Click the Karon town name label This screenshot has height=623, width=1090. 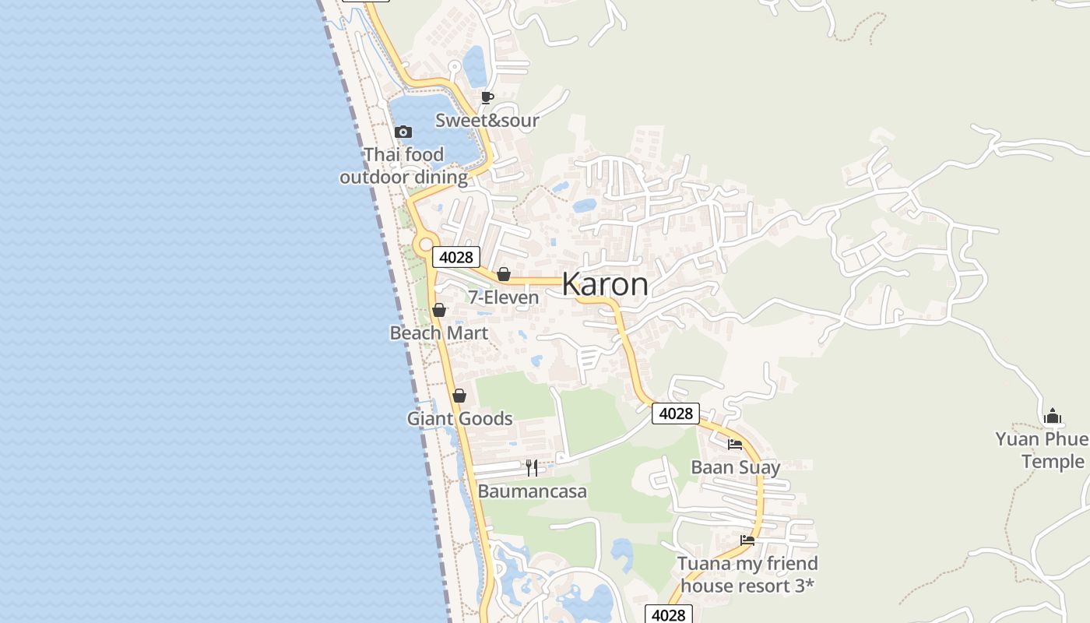click(605, 284)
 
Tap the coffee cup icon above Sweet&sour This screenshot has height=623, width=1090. click(487, 97)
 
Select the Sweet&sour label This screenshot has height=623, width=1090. click(487, 120)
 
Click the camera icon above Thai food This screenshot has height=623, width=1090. click(403, 132)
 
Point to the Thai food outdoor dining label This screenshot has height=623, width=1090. click(403, 166)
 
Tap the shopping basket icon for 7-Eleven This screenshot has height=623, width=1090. click(504, 274)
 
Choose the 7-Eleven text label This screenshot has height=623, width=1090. click(503, 297)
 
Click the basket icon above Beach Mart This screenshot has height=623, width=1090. click(439, 310)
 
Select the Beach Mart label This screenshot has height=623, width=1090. click(439, 333)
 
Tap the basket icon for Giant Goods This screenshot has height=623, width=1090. click(459, 396)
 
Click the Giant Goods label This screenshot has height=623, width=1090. click(459, 419)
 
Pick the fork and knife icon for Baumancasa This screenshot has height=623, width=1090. click(532, 467)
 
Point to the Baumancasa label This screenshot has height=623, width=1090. click(532, 491)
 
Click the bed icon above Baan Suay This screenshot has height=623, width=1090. click(735, 445)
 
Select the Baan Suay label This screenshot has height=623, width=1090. click(735, 467)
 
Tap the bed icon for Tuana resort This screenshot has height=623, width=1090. click(747, 540)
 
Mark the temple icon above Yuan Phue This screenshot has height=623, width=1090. click(1053, 416)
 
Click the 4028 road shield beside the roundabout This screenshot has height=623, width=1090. click(456, 257)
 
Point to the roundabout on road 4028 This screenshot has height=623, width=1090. click(425, 245)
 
